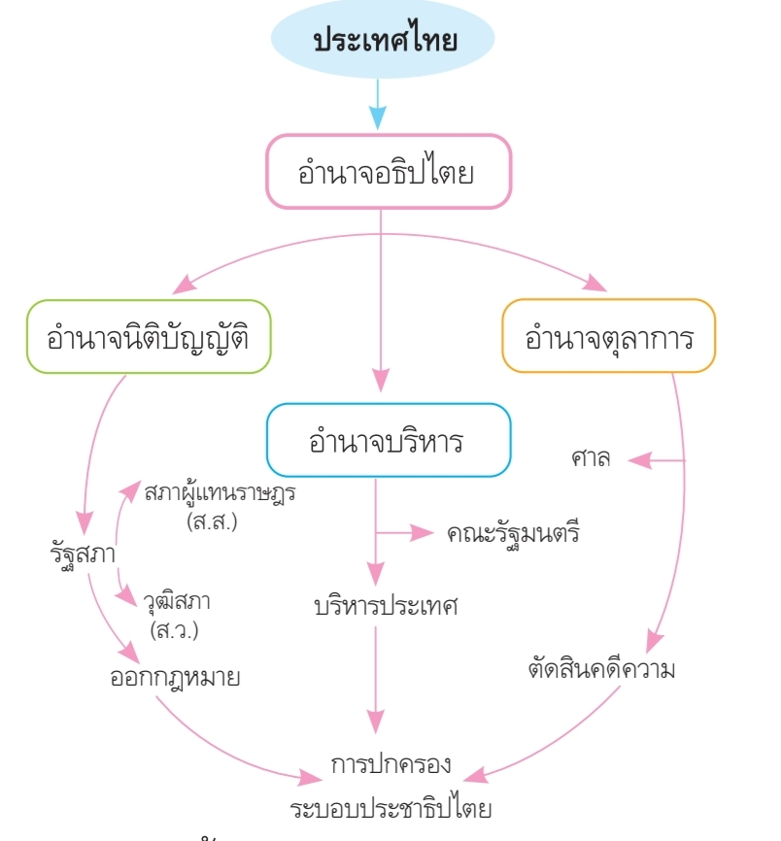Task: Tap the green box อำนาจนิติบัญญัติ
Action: click(149, 337)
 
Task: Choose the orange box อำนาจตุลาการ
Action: click(608, 337)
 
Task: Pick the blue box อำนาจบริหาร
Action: click(387, 440)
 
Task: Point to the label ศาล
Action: click(592, 459)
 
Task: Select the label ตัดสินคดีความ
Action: click(601, 670)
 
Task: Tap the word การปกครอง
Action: click(390, 763)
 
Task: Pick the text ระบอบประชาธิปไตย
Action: click(391, 808)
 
